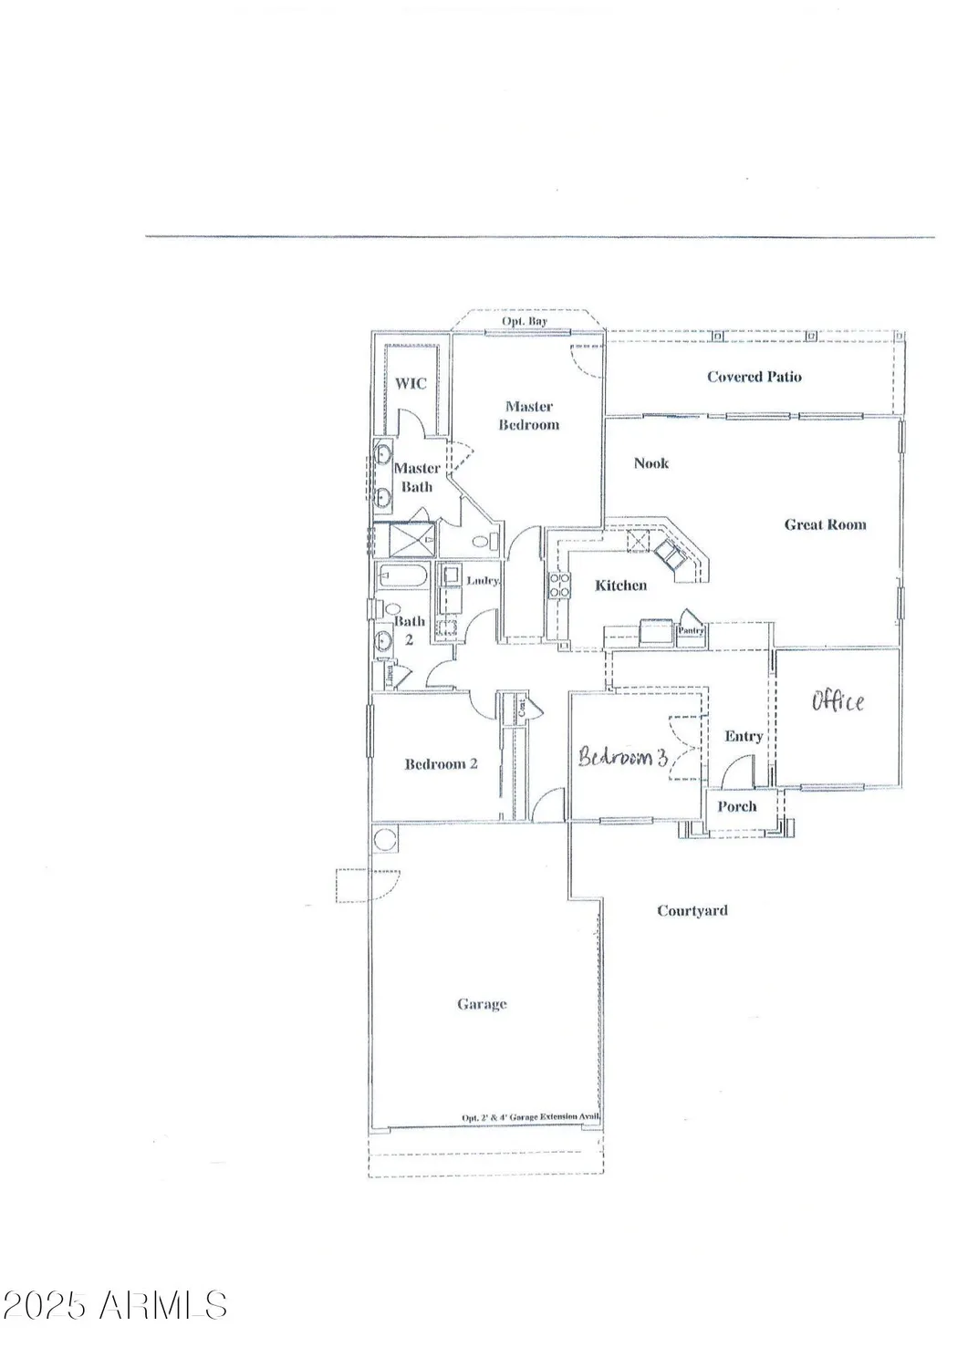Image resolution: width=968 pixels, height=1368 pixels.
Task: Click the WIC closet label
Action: pos(411,384)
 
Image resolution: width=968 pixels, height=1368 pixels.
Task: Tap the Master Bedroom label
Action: pos(528,416)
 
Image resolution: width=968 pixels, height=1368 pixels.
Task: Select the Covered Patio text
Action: pos(755,377)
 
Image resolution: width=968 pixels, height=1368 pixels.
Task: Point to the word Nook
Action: pos(651,463)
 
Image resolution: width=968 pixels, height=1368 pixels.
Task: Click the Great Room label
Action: pos(825,524)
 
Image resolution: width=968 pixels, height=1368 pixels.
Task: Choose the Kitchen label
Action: pos(620,586)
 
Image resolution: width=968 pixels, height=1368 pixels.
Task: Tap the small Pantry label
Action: pos(691,630)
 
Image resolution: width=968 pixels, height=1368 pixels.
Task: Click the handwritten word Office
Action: pos(838,701)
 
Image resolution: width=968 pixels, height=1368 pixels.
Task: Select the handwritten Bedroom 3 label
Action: pos(624,757)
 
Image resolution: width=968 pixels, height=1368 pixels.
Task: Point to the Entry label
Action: pos(744,736)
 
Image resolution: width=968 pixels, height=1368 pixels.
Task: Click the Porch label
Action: pos(736,806)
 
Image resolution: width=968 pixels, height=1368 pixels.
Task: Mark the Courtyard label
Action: pos(692,910)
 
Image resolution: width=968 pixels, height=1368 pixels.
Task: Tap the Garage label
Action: pos(482,1004)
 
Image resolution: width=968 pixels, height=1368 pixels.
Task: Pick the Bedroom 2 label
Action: pos(441,764)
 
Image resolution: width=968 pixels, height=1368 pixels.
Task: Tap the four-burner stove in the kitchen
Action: pos(558,585)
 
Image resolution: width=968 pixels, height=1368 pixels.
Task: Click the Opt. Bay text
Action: pos(525,323)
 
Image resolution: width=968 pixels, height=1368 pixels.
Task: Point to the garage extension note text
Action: pos(529,1117)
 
